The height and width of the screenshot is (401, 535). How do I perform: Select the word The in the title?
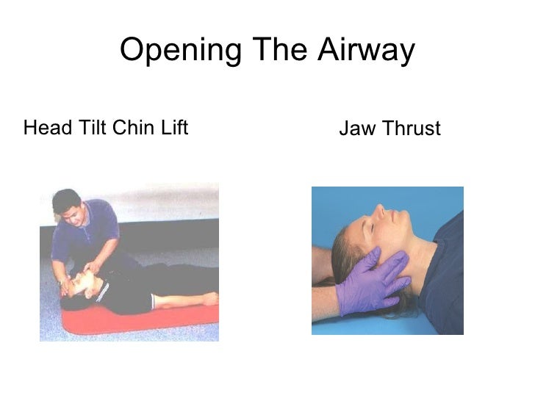(277, 51)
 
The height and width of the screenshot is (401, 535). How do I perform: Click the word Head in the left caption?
(43, 129)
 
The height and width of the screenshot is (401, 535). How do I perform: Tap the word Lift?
(174, 129)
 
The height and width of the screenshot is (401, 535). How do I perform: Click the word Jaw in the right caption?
(353, 130)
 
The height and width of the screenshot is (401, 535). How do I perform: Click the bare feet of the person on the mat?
(209, 299)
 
